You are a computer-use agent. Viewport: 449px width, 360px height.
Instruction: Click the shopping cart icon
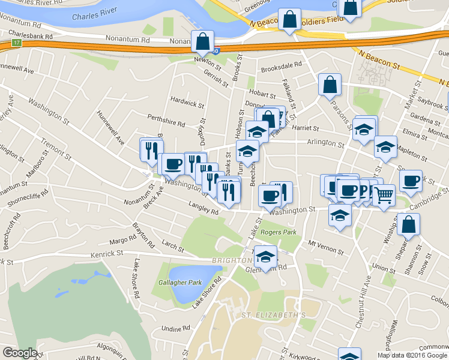pyautogui.click(x=384, y=194)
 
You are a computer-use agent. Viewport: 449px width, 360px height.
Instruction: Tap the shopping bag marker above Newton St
pyautogui.click(x=202, y=41)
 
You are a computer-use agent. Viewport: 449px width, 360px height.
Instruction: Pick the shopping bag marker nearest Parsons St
pyautogui.click(x=330, y=84)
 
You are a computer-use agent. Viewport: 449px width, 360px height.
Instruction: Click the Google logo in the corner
pyautogui.click(x=20, y=353)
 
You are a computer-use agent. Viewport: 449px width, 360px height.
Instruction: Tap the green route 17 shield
pyautogui.click(x=16, y=43)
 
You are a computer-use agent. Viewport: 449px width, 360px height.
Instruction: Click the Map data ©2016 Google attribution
pyautogui.click(x=412, y=355)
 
